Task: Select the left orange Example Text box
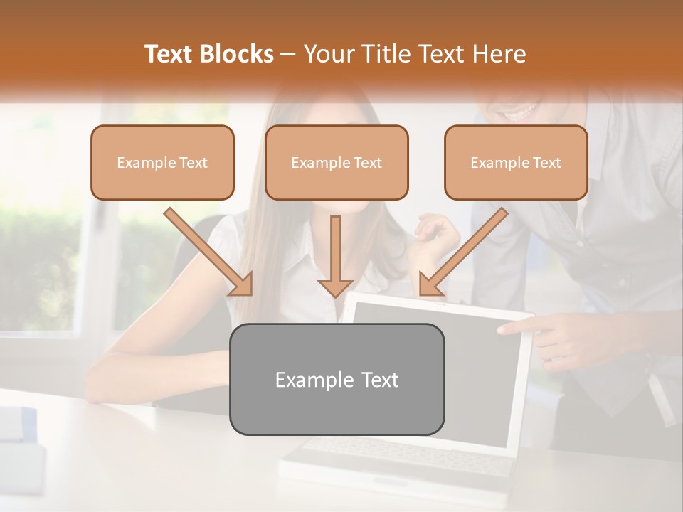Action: pyautogui.click(x=162, y=162)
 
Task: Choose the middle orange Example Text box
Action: pyautogui.click(x=337, y=162)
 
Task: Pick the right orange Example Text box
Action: pyautogui.click(x=516, y=162)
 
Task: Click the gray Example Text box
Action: pyautogui.click(x=337, y=379)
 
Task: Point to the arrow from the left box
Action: pyautogui.click(x=209, y=252)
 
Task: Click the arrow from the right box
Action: pyautogui.click(x=463, y=252)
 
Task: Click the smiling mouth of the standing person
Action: pyautogui.click(x=521, y=111)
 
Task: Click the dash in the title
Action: pyautogui.click(x=288, y=55)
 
